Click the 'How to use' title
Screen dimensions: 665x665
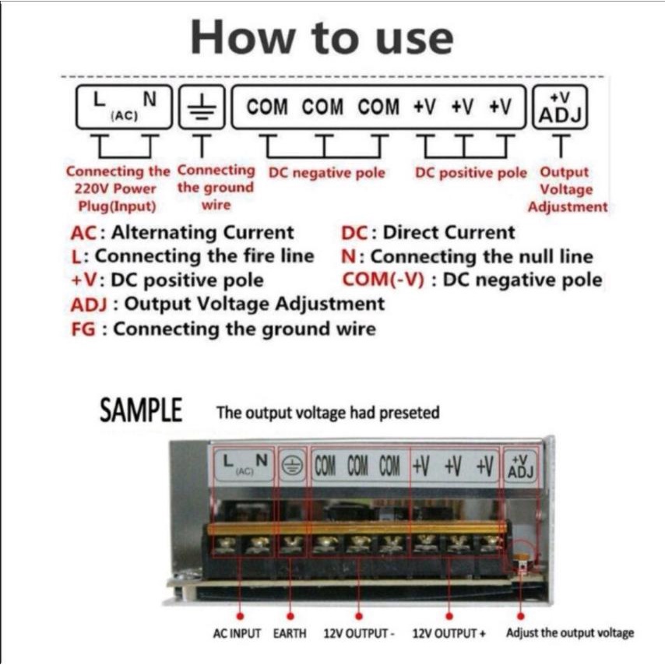[322, 37]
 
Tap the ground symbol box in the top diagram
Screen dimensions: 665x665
[202, 107]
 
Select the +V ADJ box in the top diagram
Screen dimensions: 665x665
[560, 107]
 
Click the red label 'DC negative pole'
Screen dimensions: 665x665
[326, 173]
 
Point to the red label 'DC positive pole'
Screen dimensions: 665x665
[471, 173]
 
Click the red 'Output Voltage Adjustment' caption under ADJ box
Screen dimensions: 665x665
[567, 189]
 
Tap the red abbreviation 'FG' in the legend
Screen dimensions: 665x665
[83, 329]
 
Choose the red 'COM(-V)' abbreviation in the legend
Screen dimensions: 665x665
[383, 280]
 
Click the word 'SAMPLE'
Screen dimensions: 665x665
[141, 410]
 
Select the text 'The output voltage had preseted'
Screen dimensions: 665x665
[328, 413]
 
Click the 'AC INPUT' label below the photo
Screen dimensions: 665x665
[237, 633]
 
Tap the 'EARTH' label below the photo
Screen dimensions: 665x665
[290, 633]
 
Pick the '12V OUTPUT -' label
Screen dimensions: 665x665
[359, 633]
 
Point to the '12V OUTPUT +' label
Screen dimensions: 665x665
[449, 633]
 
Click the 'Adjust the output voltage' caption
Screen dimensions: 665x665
[570, 633]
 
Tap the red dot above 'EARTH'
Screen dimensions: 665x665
[290, 616]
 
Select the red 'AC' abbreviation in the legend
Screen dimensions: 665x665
[83, 234]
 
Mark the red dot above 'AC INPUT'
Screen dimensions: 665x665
[240, 616]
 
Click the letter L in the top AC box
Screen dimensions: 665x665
[99, 100]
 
